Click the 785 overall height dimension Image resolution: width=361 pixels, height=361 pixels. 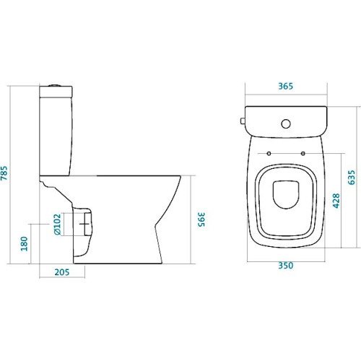(4, 173)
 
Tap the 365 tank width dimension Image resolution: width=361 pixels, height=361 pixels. (286, 86)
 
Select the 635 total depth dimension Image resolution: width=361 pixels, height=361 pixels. (352, 178)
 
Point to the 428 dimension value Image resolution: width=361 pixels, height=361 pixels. (336, 201)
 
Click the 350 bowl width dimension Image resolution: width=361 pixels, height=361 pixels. (286, 266)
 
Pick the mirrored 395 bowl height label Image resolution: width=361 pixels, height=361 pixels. (201, 219)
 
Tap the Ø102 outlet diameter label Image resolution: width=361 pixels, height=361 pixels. (57, 225)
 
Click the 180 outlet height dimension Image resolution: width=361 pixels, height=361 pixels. (25, 243)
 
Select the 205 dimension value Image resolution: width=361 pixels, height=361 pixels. (62, 272)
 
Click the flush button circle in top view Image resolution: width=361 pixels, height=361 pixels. (286, 123)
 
